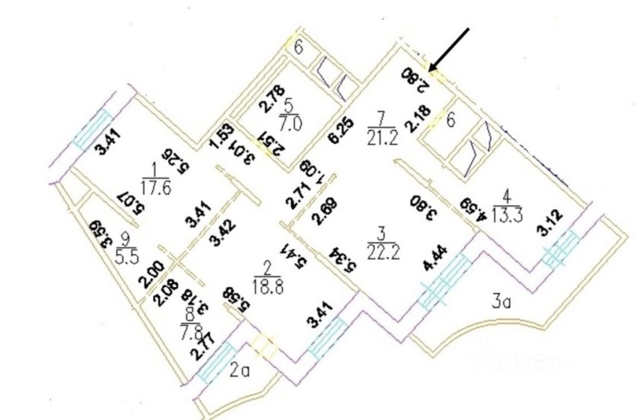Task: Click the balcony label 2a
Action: coord(240,371)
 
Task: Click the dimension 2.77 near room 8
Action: coord(203,349)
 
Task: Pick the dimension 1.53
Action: coord(215,135)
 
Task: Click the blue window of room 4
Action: coord(561,248)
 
